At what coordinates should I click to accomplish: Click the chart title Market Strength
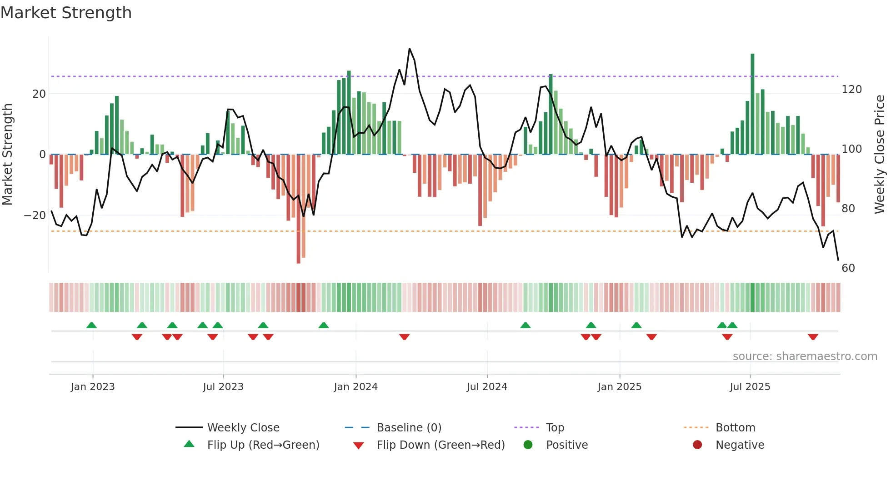66,13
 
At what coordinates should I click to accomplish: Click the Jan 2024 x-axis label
355,387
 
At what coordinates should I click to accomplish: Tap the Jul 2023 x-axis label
223,387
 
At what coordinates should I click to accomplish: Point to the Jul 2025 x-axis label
750,387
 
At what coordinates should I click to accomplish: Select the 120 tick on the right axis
851,90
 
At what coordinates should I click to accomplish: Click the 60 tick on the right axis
848,268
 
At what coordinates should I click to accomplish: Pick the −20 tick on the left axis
35,215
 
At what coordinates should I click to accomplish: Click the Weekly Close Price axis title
880,155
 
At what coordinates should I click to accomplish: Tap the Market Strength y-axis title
8,155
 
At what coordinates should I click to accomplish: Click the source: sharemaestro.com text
805,356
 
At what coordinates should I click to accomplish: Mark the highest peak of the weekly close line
410,49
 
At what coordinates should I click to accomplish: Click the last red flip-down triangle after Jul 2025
813,337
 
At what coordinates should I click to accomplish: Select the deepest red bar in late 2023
298,209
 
